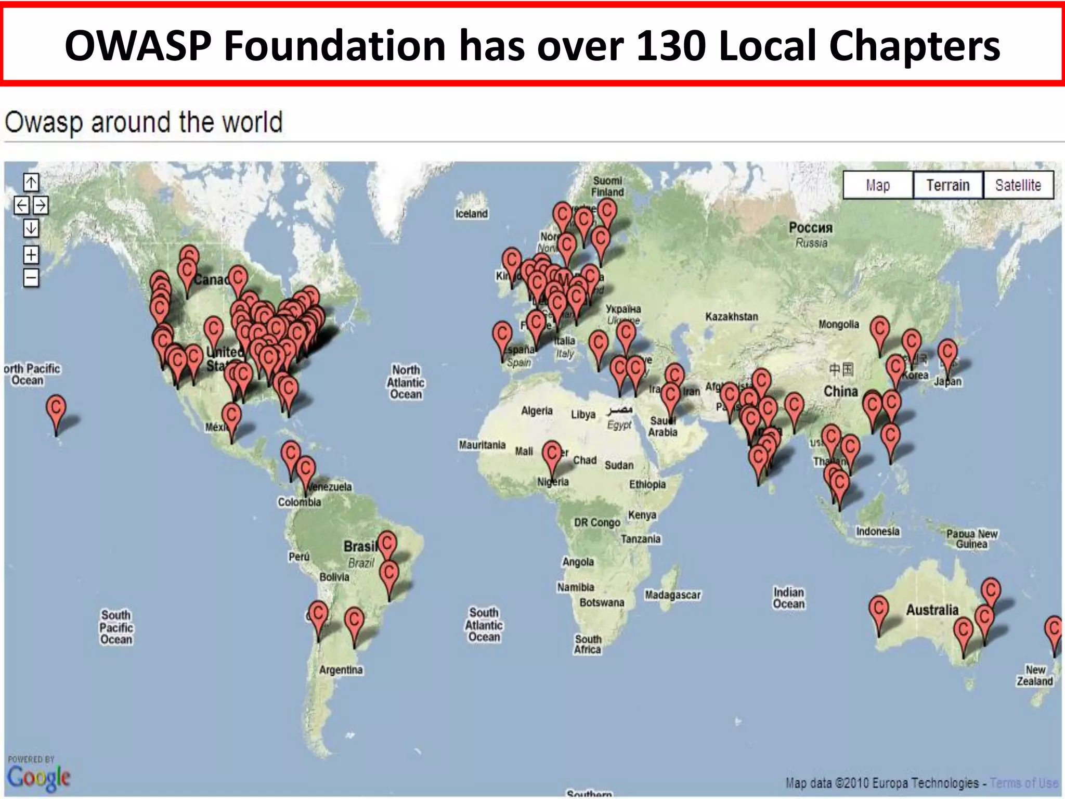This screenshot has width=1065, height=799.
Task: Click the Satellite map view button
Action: pos(1018,185)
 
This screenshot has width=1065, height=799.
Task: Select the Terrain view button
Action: pos(947,185)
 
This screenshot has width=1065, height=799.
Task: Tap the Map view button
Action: pos(878,185)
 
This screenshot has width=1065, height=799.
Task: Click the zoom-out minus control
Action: pos(31,277)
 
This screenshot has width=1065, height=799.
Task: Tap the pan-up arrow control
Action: pos(31,183)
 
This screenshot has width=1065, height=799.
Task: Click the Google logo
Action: pos(38,777)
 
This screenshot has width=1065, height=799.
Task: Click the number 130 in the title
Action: pos(670,46)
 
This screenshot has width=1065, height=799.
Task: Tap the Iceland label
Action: pos(471,214)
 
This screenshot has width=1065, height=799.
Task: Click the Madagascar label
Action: pos(672,595)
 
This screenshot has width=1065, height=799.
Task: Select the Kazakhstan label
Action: pos(731,317)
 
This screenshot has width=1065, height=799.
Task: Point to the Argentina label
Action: pos(341,670)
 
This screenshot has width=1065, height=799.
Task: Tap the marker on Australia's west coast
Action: pos(878,611)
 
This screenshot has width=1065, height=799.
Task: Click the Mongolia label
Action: pos(838,325)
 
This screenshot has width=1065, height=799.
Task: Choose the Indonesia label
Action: pos(877,531)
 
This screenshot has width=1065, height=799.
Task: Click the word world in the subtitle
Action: pos(252,123)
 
